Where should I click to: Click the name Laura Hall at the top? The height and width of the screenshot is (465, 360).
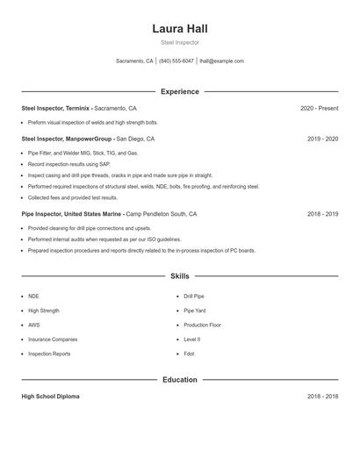tap(179, 28)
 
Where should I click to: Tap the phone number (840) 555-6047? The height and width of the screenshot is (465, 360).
tap(176, 61)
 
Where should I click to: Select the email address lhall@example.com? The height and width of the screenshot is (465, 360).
tap(221, 61)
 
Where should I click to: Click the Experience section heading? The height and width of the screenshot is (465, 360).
tap(179, 91)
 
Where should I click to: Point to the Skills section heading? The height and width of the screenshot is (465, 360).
tap(179, 275)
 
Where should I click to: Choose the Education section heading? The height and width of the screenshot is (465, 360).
tap(179, 380)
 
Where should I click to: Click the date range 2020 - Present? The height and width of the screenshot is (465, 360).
tap(319, 108)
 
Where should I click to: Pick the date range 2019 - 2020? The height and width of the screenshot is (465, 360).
tap(322, 139)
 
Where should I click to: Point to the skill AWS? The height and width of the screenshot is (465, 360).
tap(34, 325)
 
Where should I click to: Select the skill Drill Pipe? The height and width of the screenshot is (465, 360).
tap(194, 297)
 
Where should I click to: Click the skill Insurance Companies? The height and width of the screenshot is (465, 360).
tap(52, 339)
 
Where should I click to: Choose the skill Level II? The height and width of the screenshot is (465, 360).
tap(191, 339)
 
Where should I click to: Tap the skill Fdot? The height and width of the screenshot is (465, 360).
tap(189, 354)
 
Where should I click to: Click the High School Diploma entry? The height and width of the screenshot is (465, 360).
tap(50, 397)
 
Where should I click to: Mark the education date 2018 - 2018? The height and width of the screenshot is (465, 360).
tap(322, 397)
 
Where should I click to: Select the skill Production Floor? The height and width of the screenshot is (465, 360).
tap(202, 325)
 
